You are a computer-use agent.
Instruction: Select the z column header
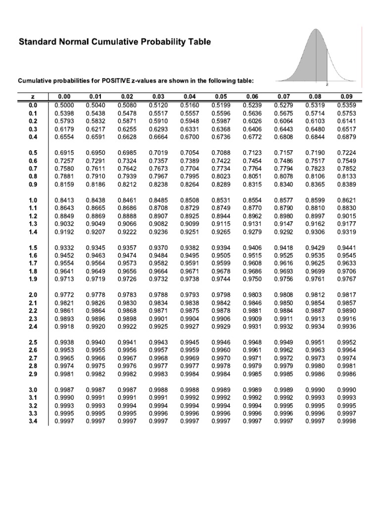(33, 97)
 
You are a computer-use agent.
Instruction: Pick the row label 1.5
(33, 247)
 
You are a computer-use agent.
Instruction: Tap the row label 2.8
(33, 366)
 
